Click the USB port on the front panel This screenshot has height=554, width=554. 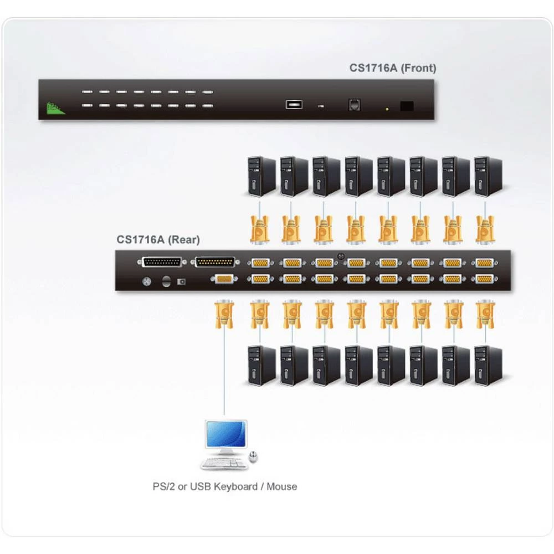[x=294, y=104]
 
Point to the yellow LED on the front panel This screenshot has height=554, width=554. [x=387, y=109]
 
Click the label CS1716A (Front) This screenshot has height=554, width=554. [x=392, y=68]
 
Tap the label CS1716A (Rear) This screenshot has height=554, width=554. [x=158, y=240]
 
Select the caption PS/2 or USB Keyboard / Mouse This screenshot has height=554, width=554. [x=225, y=487]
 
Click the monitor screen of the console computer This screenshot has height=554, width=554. [x=225, y=434]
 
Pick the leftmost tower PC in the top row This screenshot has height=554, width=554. [x=261, y=176]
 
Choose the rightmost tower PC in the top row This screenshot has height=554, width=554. [x=488, y=176]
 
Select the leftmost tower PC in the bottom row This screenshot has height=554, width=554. [x=261, y=365]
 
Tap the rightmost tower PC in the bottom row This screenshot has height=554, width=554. [x=488, y=365]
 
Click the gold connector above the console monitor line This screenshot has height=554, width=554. [x=223, y=314]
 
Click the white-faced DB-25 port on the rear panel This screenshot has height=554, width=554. [x=162, y=262]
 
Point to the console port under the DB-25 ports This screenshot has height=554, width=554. [x=221, y=279]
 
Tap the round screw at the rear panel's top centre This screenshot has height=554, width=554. [x=340, y=255]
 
